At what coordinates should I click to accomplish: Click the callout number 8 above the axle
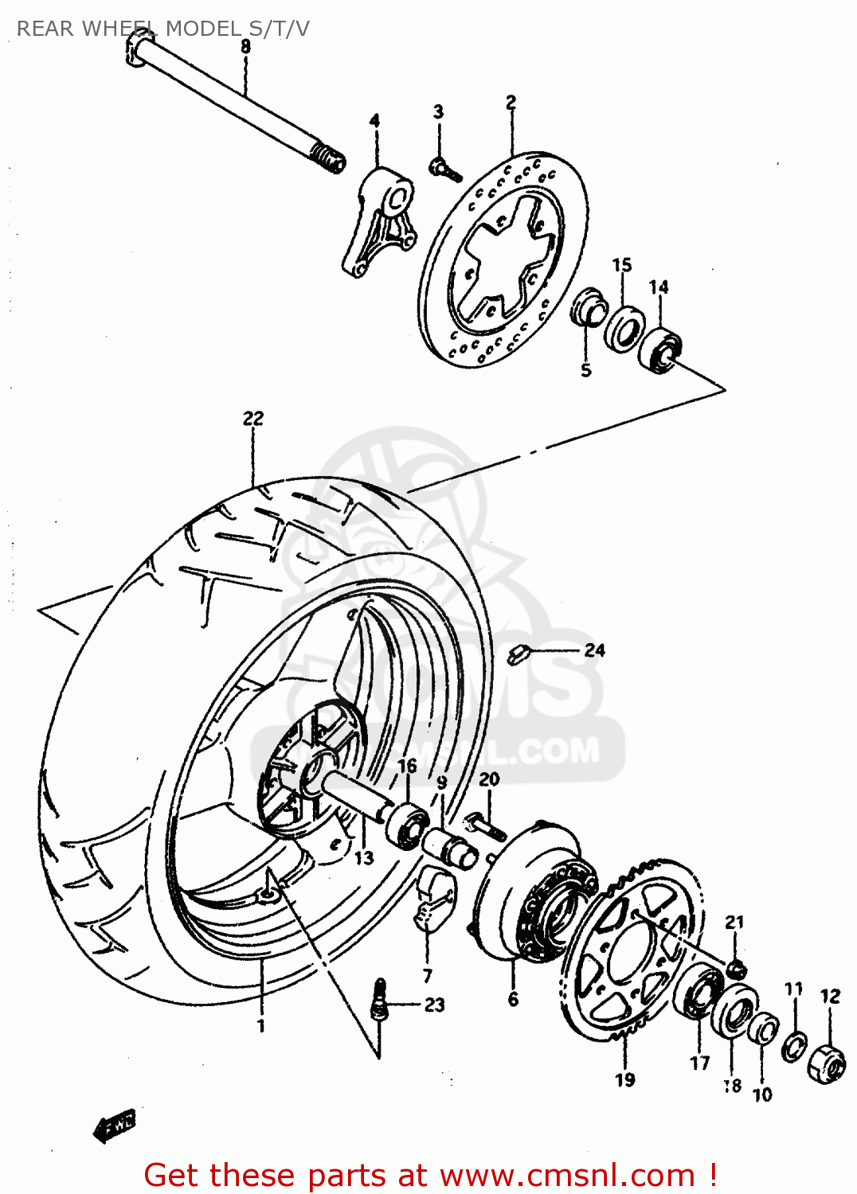[245, 47]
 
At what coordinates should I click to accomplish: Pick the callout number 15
[622, 264]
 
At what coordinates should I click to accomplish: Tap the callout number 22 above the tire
[253, 418]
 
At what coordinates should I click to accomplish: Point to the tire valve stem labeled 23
[380, 1001]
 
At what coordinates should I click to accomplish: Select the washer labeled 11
[793, 1046]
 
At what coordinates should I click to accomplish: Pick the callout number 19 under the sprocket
[625, 1080]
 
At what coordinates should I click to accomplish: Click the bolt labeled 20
[483, 825]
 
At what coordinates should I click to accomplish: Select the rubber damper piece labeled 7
[432, 900]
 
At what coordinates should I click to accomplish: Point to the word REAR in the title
[45, 29]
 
